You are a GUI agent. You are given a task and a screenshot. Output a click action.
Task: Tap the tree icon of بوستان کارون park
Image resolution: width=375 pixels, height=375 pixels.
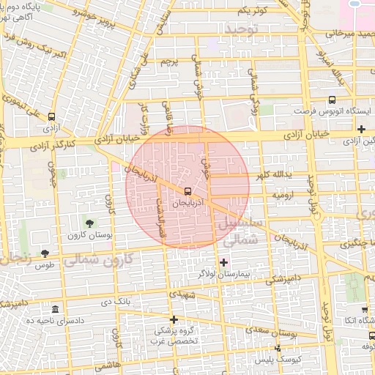[90, 223]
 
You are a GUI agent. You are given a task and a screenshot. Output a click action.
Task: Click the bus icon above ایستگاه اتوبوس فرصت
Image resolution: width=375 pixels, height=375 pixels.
[332, 100]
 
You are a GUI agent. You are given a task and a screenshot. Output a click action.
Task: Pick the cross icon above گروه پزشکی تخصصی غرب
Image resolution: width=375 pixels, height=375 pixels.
[174, 319]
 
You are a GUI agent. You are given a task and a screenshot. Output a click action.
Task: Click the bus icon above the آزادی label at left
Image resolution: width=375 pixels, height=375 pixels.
[51, 116]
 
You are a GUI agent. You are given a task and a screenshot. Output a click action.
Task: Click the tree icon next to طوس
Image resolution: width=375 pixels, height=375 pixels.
[45, 253]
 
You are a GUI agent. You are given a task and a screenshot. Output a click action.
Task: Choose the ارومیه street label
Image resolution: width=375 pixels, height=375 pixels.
[285, 196]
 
